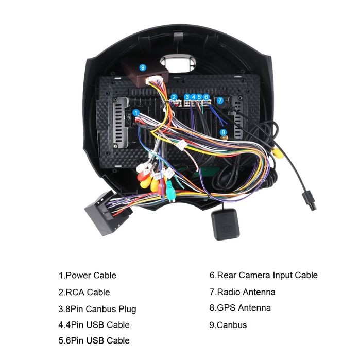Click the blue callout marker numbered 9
(x=143, y=67)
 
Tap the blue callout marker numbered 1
(x=136, y=112)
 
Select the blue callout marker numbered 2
(x=174, y=97)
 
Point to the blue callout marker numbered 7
(x=220, y=100)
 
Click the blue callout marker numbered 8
(x=223, y=132)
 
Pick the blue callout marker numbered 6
(x=206, y=97)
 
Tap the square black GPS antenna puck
(x=225, y=225)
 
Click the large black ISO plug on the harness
(x=106, y=213)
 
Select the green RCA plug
(x=170, y=191)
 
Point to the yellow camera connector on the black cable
(x=278, y=153)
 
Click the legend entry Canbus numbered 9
(x=228, y=325)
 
